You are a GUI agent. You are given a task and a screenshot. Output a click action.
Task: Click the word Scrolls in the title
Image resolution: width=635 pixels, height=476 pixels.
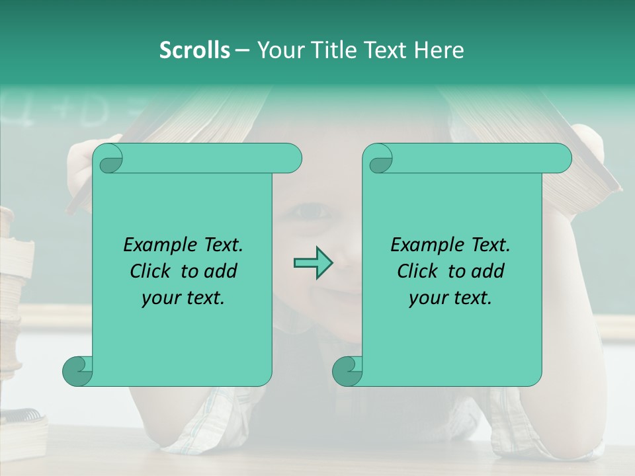click(x=194, y=50)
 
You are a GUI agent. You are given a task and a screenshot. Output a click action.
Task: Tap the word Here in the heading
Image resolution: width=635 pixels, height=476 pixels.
click(x=439, y=50)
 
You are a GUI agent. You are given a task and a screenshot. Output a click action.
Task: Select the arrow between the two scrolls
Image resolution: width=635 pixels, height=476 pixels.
click(x=313, y=262)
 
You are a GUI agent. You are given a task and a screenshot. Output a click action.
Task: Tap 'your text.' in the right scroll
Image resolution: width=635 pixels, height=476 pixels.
click(x=450, y=297)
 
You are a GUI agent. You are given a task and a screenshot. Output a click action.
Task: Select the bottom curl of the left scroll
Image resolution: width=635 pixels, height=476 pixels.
click(x=77, y=371)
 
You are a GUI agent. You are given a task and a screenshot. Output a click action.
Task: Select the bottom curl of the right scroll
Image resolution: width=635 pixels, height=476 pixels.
click(x=347, y=371)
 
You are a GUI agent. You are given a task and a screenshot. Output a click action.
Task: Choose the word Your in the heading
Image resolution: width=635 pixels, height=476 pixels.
click(x=278, y=50)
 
